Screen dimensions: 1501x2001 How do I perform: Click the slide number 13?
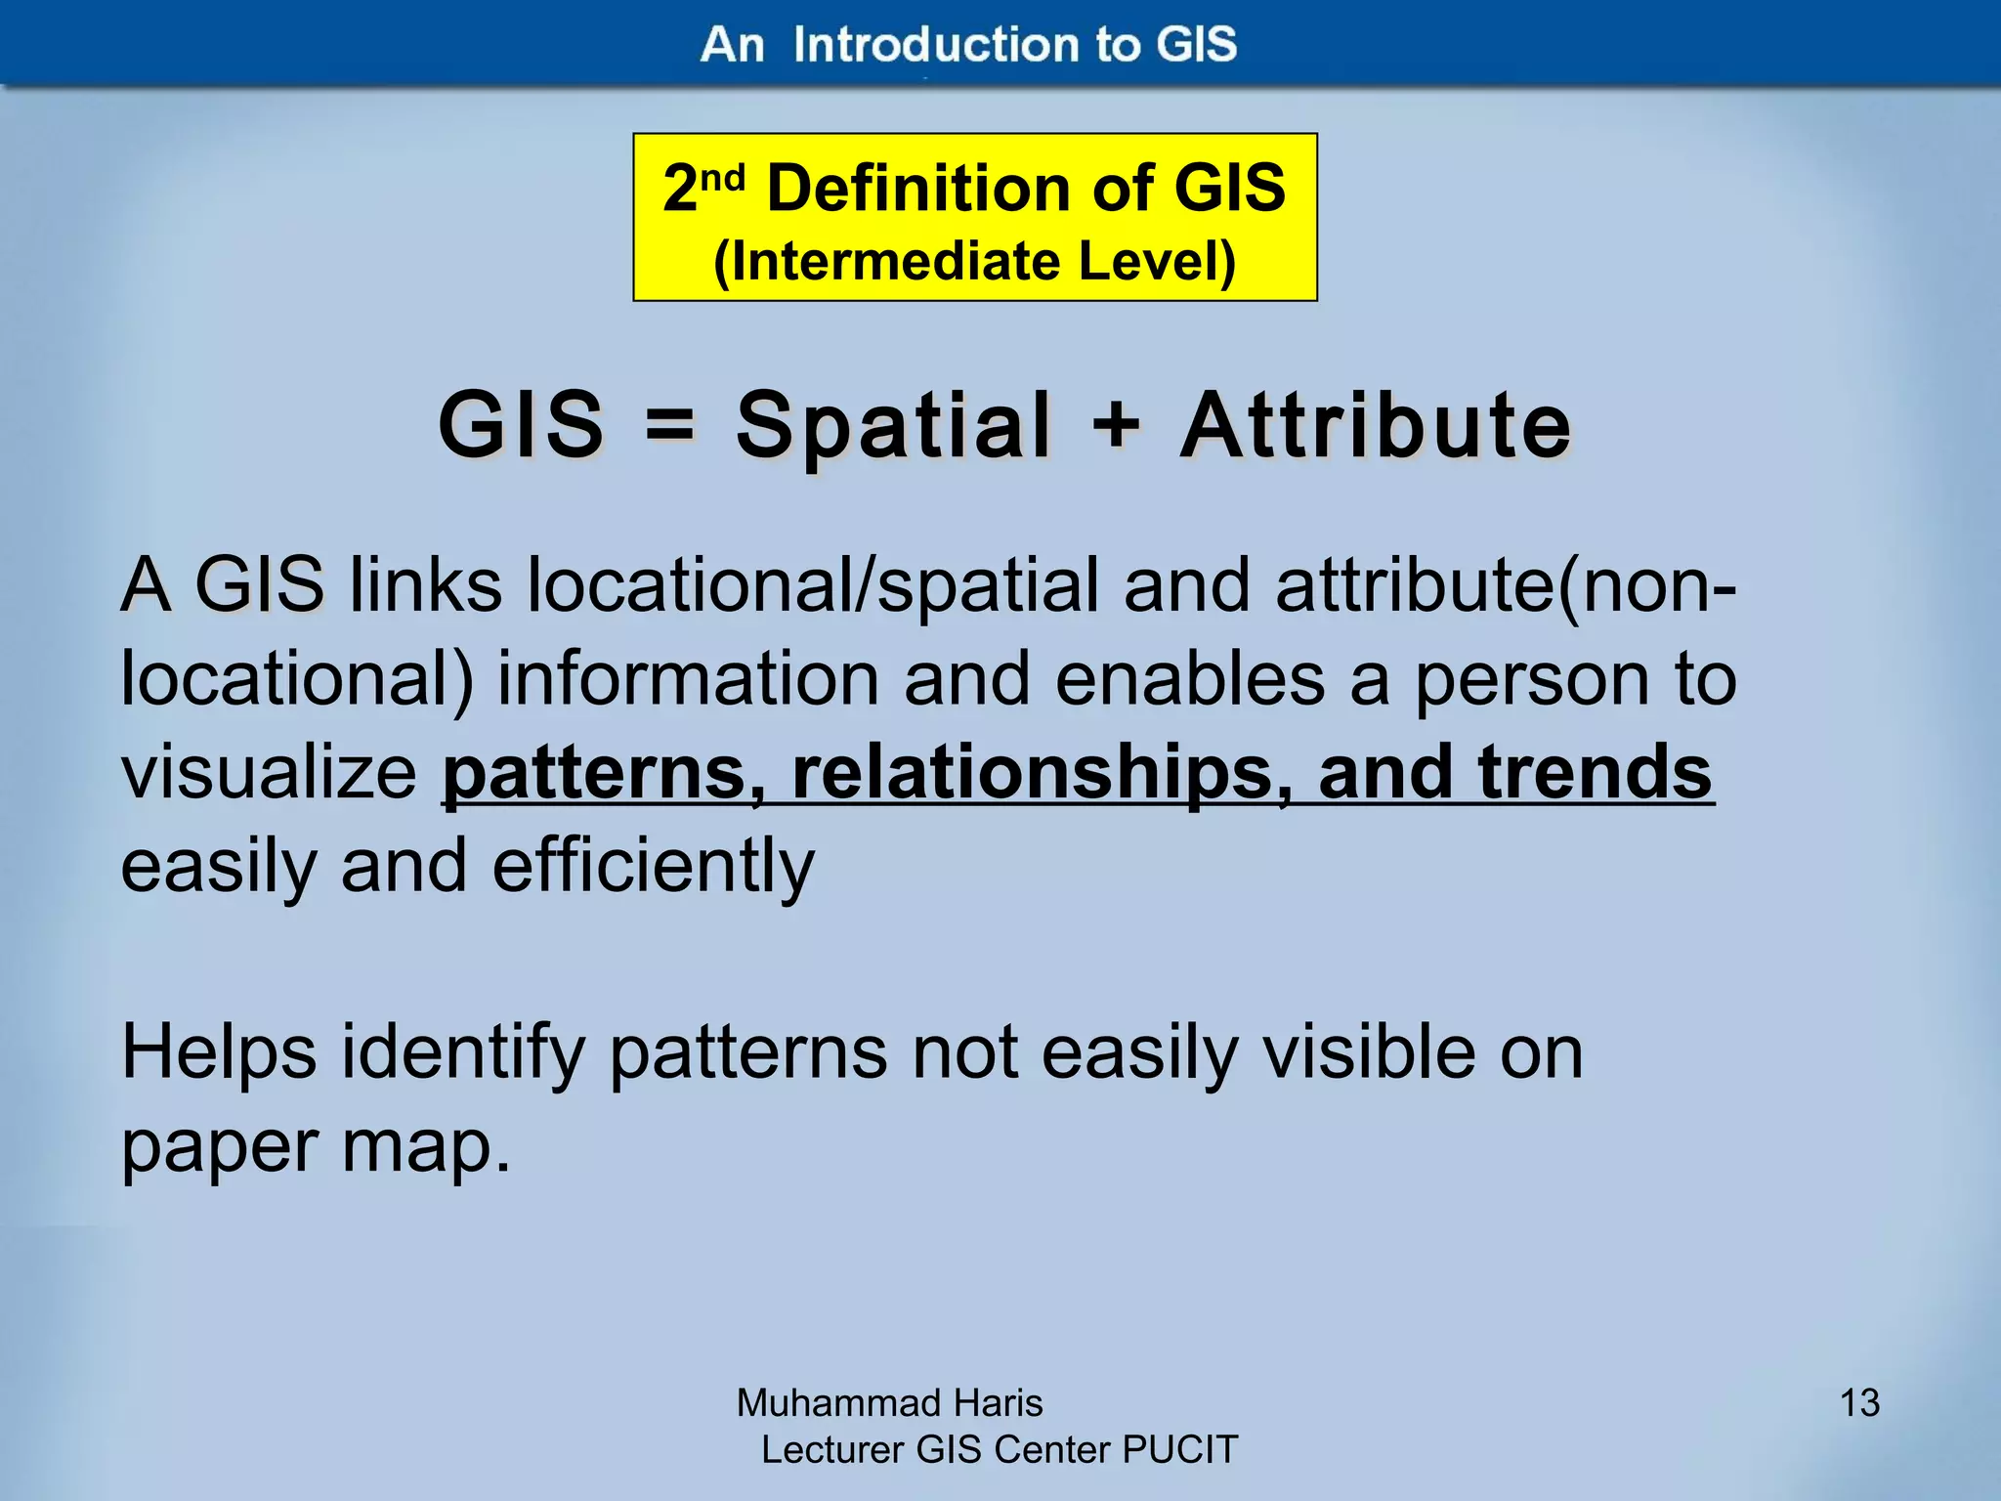(x=1859, y=1403)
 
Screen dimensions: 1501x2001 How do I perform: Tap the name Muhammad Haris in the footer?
(x=889, y=1403)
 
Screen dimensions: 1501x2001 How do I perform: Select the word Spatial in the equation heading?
(x=893, y=425)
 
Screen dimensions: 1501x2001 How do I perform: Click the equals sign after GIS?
(x=670, y=427)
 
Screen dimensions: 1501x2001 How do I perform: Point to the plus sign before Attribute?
(x=1116, y=425)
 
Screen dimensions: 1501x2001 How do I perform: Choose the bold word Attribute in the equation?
(x=1376, y=425)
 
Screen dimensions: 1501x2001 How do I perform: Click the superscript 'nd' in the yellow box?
(x=723, y=176)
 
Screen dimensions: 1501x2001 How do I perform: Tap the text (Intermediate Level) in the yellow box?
(x=974, y=261)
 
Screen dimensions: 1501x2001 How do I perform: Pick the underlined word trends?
(x=1595, y=772)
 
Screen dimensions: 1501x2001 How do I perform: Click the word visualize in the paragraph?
(x=270, y=772)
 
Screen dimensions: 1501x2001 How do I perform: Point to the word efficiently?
(x=653, y=866)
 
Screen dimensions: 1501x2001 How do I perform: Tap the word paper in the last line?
(x=218, y=1147)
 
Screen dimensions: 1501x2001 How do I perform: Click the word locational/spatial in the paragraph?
(x=812, y=584)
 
